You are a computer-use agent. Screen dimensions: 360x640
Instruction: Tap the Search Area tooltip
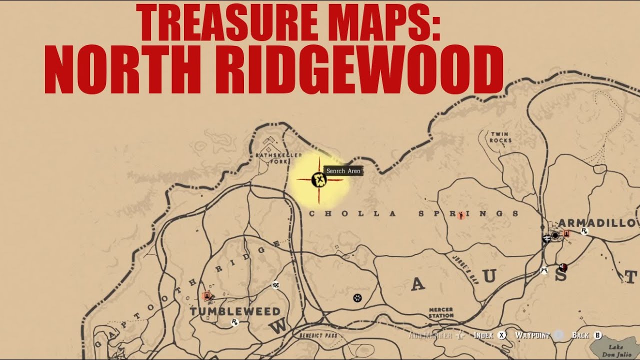(x=343, y=171)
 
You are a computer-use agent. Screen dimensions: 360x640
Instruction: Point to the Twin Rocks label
(x=500, y=137)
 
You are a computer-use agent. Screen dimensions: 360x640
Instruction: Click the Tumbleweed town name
(x=235, y=311)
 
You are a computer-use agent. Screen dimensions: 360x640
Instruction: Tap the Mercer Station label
(x=441, y=313)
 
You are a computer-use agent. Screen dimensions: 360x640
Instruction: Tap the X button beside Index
(x=501, y=335)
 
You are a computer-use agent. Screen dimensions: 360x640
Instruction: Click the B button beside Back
(x=597, y=335)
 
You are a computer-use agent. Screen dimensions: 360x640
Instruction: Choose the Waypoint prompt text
(x=532, y=335)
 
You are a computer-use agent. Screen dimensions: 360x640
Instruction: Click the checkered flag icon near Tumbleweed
(x=275, y=285)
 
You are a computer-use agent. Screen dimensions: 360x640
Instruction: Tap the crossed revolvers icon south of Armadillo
(x=544, y=270)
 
